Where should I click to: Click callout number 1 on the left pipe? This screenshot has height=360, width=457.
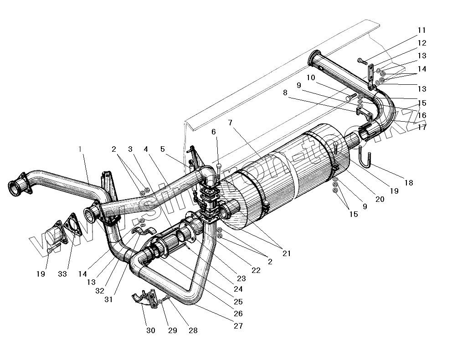pos(81,149)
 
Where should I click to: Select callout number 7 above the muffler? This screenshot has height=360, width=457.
pos(230,123)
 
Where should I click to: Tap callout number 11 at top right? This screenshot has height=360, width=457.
pos(421,31)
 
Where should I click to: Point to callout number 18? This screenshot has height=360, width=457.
pos(408,183)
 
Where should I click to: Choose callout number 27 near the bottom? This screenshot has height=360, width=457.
pos(238,326)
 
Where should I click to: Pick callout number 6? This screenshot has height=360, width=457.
pos(213,132)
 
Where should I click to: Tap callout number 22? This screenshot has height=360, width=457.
pos(256,270)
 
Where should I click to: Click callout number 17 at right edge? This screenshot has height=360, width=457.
pos(422,127)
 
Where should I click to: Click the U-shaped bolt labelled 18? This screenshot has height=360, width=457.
pos(366,160)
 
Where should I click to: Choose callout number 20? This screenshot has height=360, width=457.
pos(380,199)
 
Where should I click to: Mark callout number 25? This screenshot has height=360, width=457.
pos(238,302)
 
